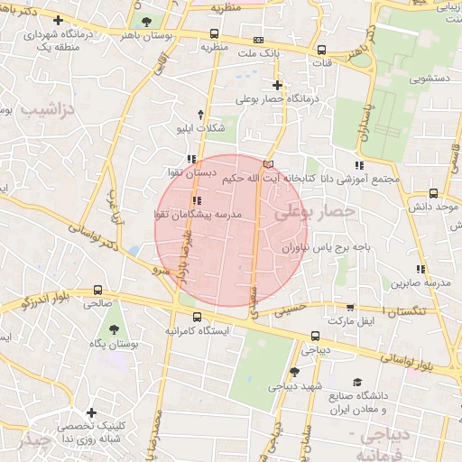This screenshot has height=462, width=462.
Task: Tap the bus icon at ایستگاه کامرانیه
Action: (198, 316)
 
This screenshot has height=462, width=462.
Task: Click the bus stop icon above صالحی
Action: (97, 290)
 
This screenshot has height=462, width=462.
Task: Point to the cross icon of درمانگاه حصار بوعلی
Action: (277, 85)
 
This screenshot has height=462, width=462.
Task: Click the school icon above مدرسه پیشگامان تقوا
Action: (197, 200)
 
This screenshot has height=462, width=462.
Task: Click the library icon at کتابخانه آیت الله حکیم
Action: (267, 163)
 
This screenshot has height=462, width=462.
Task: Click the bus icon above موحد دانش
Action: (433, 193)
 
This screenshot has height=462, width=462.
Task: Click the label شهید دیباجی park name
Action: (294, 386)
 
